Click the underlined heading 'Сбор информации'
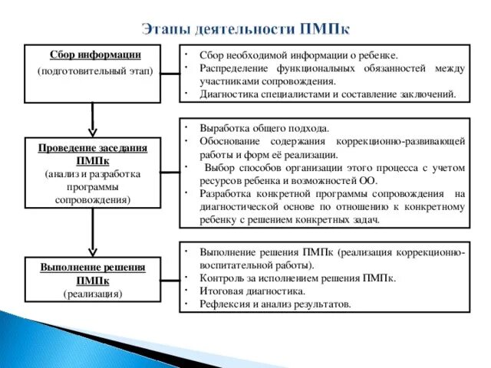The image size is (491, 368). tap(94, 55)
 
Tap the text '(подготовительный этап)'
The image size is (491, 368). tap(94, 71)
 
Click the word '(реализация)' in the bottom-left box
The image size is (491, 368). tap(92, 294)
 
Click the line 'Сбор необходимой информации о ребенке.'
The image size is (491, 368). tap(298, 56)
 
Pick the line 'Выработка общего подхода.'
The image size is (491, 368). tap(264, 128)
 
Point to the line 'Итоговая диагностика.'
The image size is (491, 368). tap(252, 291)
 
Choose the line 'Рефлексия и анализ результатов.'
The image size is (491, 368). tap(275, 304)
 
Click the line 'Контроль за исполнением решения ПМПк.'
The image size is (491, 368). tap(298, 278)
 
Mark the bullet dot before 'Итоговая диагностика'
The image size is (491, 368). tap(186, 290)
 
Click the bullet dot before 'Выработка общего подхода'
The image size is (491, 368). tap(186, 126)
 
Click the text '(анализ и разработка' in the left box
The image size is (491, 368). tap(92, 174)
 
